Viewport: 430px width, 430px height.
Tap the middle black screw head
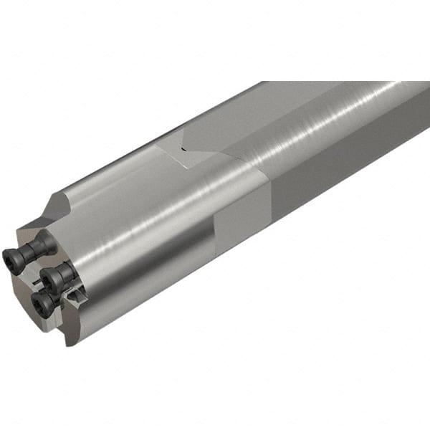[x=48, y=279]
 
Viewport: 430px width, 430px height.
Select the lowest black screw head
[x=42, y=303]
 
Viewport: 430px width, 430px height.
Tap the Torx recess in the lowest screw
[x=40, y=305]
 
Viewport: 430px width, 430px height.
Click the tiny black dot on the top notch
[x=182, y=150]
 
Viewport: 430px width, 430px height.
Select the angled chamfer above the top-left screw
[x=53, y=208]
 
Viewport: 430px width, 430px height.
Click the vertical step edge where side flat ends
[x=215, y=247]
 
